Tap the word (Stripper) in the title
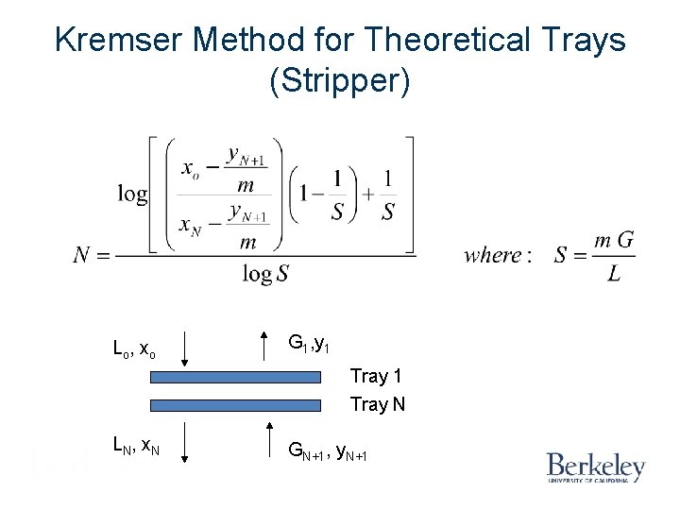click(340, 81)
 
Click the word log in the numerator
click(132, 194)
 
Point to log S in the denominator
click(265, 274)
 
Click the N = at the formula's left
click(92, 255)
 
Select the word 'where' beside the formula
click(493, 255)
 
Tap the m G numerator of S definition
click(613, 240)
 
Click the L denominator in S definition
click(614, 275)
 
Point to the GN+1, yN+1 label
click(327, 456)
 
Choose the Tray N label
click(378, 404)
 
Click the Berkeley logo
click(595, 467)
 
